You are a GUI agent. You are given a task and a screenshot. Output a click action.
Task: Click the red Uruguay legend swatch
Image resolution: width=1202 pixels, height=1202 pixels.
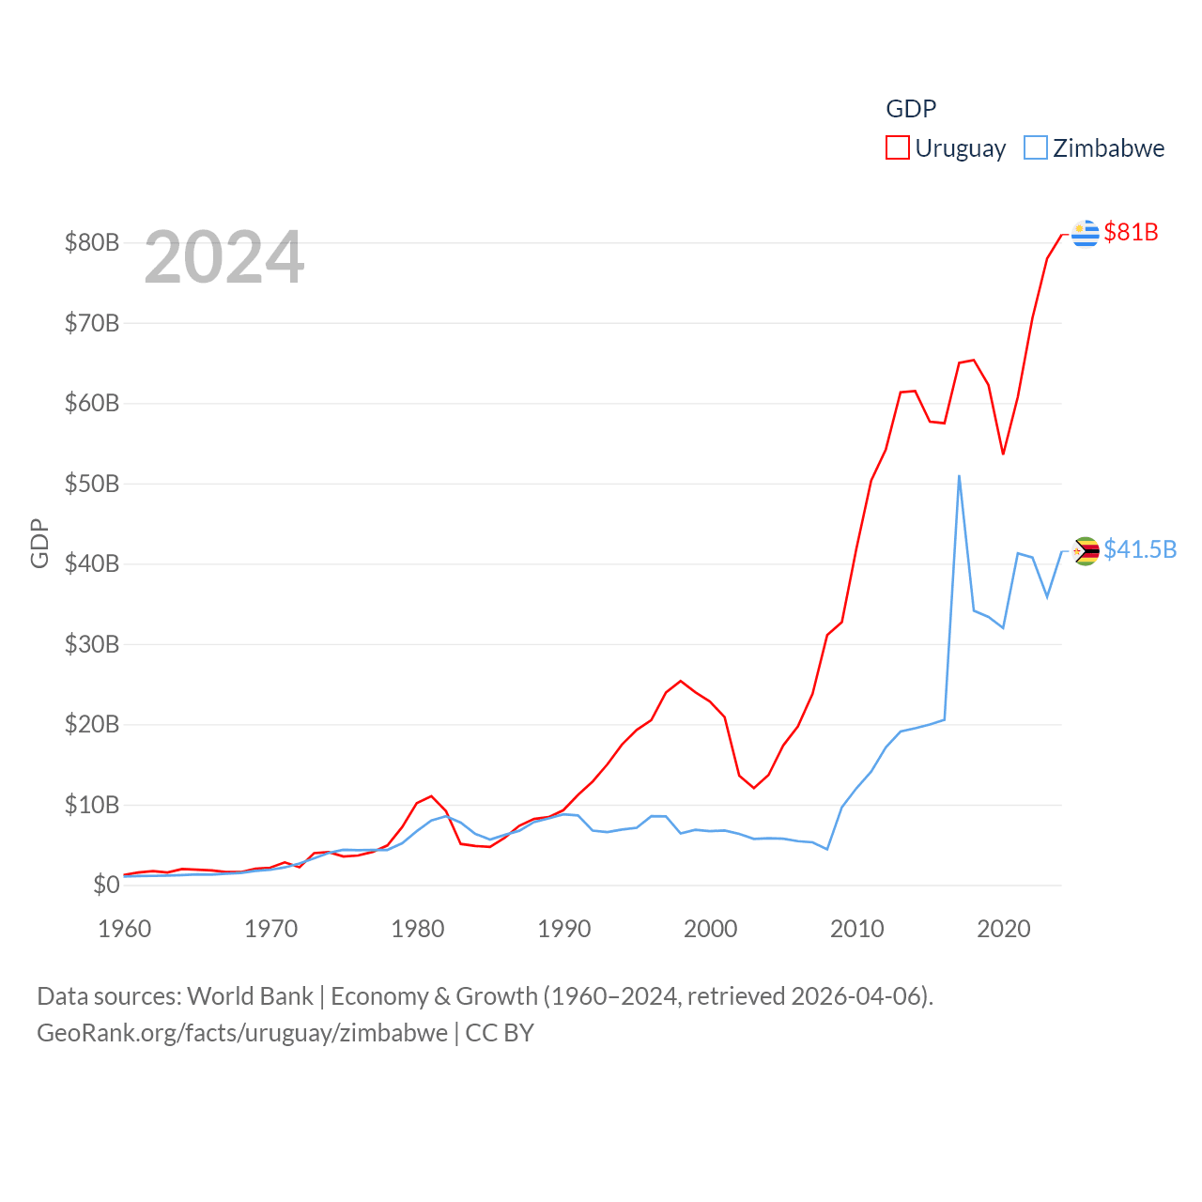coord(898,147)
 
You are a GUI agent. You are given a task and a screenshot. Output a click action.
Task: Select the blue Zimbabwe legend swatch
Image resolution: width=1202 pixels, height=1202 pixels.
coord(1035,147)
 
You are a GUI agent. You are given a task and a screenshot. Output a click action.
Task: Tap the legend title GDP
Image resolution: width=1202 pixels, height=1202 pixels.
coord(911,109)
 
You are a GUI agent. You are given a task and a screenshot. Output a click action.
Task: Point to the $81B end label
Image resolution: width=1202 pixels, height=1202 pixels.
coord(1131,232)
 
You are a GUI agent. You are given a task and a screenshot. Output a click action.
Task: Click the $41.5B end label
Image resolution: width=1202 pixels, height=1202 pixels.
coord(1140,549)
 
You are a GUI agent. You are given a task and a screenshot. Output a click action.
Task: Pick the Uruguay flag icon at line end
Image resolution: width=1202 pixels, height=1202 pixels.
coord(1086,233)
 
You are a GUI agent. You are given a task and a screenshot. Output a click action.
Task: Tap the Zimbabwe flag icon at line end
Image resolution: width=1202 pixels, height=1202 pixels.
coord(1086,550)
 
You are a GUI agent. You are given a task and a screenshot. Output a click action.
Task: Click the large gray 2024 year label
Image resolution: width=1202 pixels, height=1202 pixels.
coord(224,257)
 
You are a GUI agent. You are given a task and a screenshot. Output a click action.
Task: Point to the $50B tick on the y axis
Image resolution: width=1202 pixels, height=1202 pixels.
coord(92,484)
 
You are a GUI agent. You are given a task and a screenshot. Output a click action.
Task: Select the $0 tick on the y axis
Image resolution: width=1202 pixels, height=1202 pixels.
coord(106,885)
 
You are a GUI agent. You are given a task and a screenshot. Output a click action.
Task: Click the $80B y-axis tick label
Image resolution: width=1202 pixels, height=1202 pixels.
coord(92,242)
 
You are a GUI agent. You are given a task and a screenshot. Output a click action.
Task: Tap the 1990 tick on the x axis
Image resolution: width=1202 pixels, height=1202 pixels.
coord(564,929)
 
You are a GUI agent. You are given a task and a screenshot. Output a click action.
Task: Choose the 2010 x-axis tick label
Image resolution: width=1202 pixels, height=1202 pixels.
coord(857,929)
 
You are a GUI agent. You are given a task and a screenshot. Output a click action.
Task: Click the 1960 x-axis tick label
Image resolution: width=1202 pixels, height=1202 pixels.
coord(125,929)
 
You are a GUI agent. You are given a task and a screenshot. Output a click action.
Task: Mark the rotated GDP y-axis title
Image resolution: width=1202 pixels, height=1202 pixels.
coord(39,543)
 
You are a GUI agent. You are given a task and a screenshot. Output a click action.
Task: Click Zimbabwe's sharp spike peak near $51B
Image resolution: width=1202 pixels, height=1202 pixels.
coord(959,476)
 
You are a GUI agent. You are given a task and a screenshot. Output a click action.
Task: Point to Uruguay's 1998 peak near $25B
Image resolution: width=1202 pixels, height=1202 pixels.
coord(681,681)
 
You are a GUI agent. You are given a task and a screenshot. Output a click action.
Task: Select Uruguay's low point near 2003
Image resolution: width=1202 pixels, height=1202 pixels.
coord(754,788)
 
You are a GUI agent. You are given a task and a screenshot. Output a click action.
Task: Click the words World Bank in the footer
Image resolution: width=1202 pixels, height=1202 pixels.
coord(250,995)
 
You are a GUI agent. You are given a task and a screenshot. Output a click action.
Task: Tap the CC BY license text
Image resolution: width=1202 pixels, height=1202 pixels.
coord(500,1033)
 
